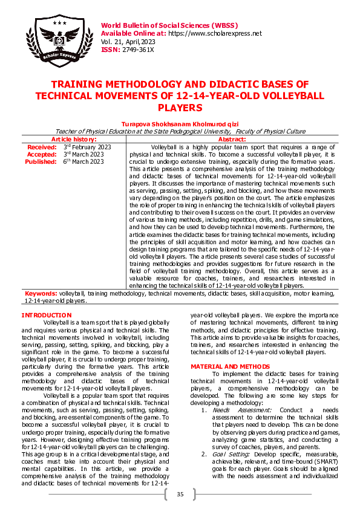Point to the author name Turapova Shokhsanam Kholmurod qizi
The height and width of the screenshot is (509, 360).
click(x=180, y=123)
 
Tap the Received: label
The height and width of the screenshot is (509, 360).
click(x=42, y=147)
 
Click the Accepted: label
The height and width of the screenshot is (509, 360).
click(x=42, y=154)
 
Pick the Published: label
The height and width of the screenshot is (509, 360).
click(x=41, y=161)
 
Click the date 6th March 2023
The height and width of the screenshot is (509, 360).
click(x=83, y=161)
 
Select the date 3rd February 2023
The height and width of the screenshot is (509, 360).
click(x=87, y=147)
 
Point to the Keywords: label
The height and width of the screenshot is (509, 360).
click(x=41, y=293)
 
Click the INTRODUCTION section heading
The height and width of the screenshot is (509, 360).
click(x=46, y=315)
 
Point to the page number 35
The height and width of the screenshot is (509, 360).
click(x=180, y=495)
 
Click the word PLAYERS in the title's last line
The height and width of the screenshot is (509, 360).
click(x=179, y=108)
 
